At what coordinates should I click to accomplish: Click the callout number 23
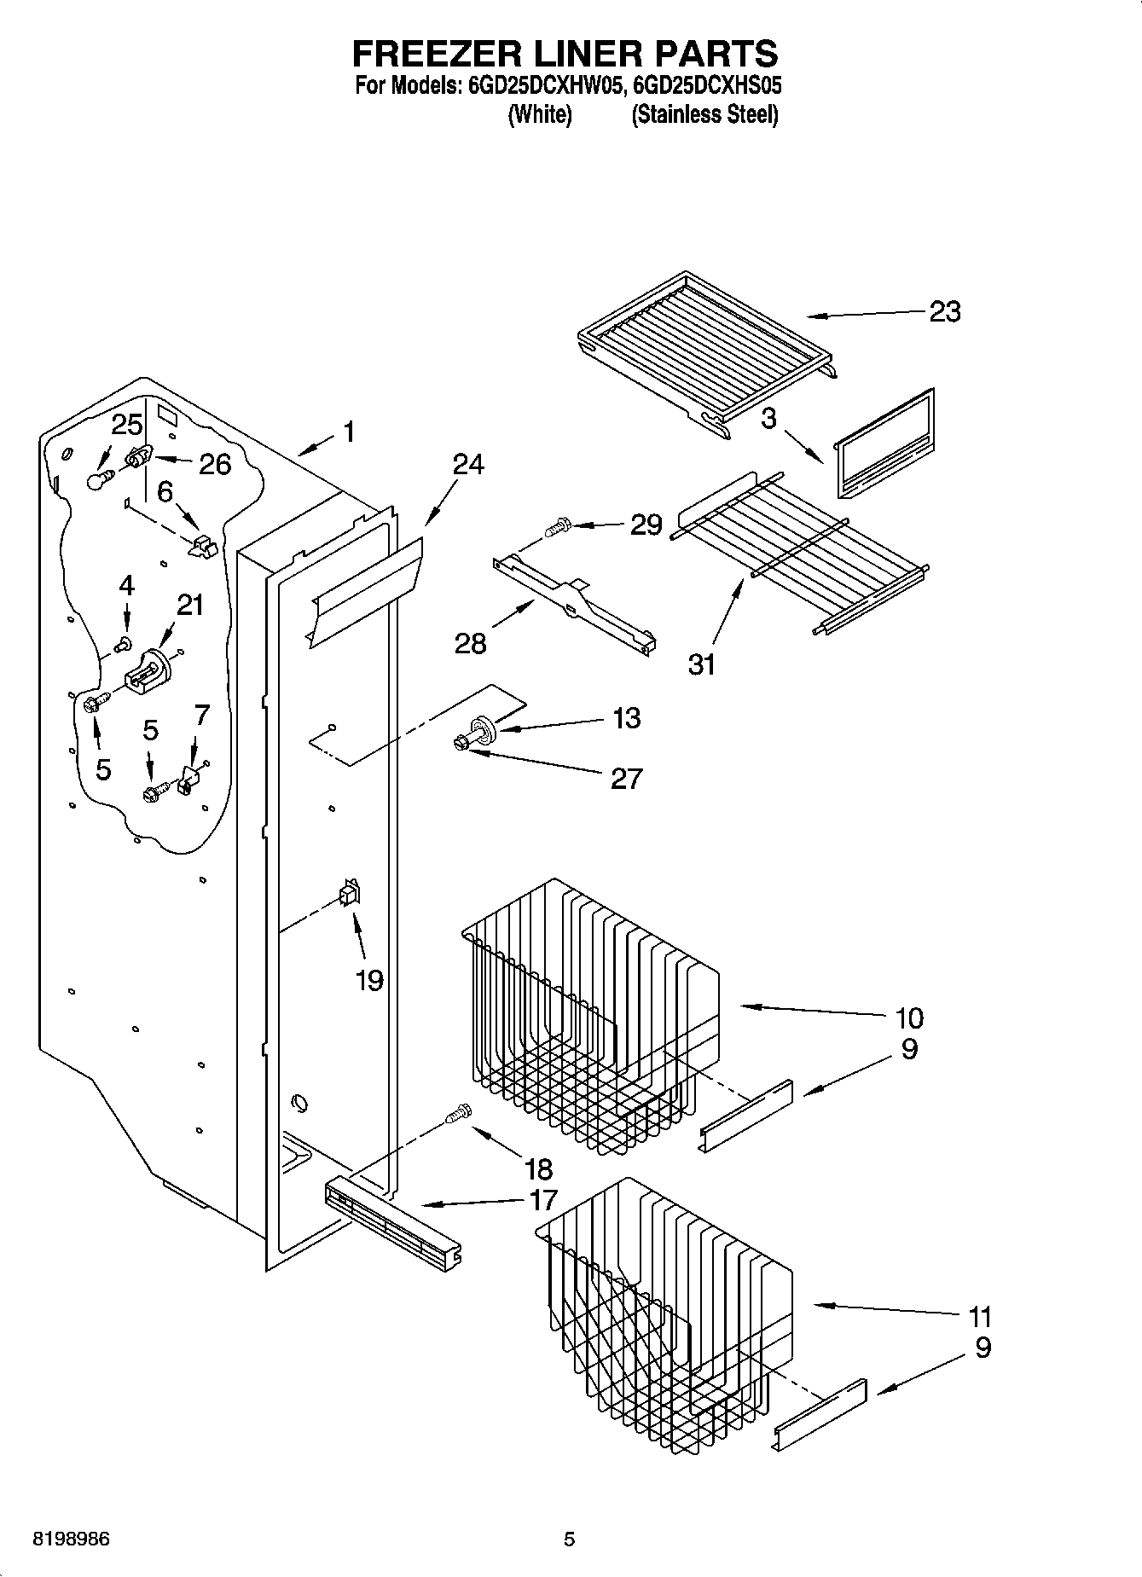pyautogui.click(x=944, y=312)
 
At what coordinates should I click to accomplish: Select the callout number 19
pyautogui.click(x=369, y=981)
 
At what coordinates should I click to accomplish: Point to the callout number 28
pyautogui.click(x=470, y=642)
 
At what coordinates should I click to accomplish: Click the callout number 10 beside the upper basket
pyautogui.click(x=909, y=1018)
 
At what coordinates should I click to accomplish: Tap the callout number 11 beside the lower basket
pyautogui.click(x=980, y=1317)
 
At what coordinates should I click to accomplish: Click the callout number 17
pyautogui.click(x=543, y=1200)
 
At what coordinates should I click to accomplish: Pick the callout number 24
pyautogui.click(x=467, y=465)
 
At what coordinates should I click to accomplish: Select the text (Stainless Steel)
pyautogui.click(x=704, y=115)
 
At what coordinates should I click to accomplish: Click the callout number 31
pyautogui.click(x=702, y=664)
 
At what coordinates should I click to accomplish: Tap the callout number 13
pyautogui.click(x=626, y=718)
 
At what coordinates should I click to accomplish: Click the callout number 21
pyautogui.click(x=190, y=605)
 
